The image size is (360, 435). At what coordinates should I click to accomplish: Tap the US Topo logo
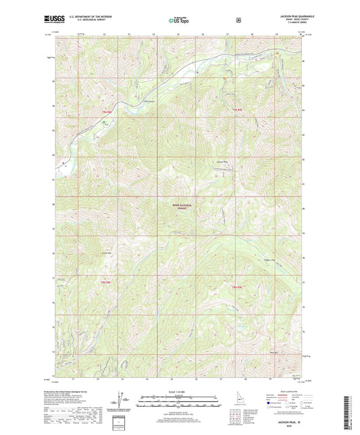coord(178,21)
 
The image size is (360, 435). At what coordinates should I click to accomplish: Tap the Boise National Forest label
coord(179,207)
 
